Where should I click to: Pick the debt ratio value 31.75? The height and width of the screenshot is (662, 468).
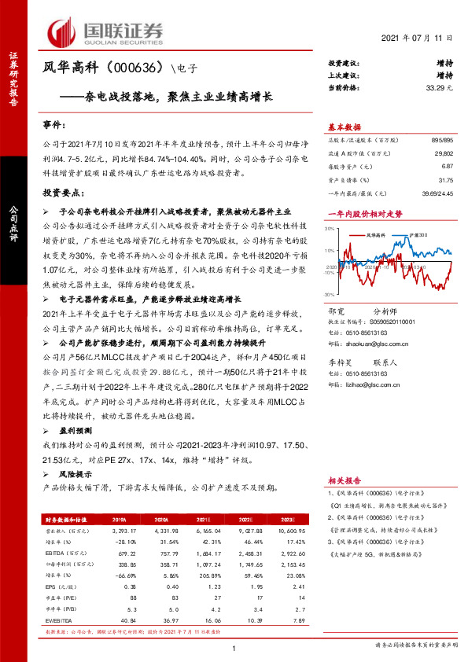click(x=444, y=179)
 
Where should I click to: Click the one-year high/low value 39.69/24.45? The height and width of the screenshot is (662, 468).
click(x=435, y=193)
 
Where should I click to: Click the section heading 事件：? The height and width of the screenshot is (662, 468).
click(x=53, y=125)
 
